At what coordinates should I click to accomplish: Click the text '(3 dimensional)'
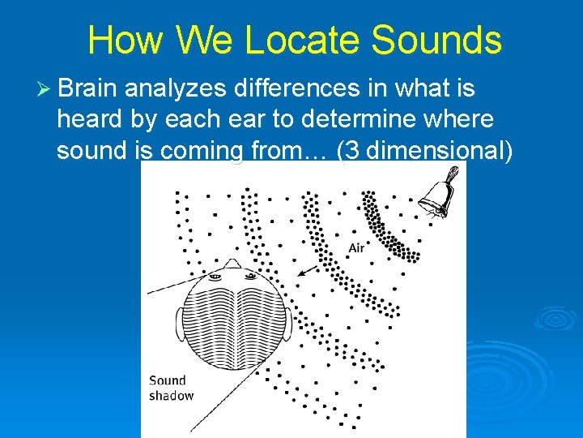pyautogui.click(x=423, y=152)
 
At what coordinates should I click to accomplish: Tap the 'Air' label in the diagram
pyautogui.click(x=356, y=248)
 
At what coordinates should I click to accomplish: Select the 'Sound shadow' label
pyautogui.click(x=171, y=388)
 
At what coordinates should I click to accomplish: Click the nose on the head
pyautogui.click(x=232, y=264)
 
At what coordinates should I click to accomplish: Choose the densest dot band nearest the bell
pyautogui.click(x=385, y=227)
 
